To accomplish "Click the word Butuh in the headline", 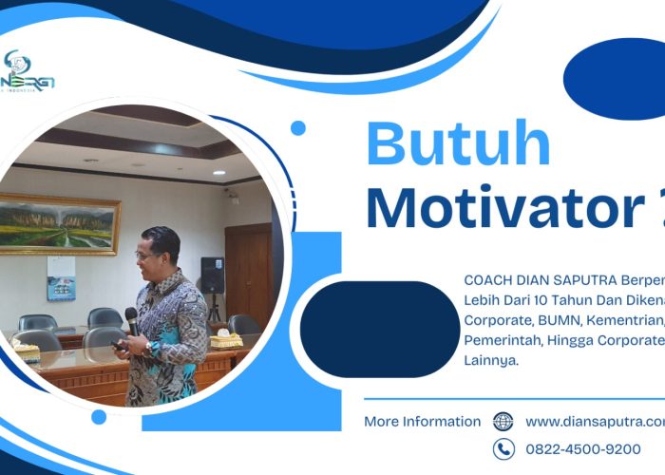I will (x=458, y=145).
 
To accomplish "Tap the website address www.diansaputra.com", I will (x=595, y=422).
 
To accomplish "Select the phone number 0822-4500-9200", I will (x=582, y=449).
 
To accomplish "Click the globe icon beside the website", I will (x=503, y=422).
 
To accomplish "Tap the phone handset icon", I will (x=503, y=449).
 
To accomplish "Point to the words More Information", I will (x=422, y=422).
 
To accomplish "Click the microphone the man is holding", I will (x=131, y=320).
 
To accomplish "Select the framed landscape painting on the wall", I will (x=59, y=223).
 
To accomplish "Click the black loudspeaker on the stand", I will (x=212, y=275).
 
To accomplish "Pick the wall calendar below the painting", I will (x=61, y=277).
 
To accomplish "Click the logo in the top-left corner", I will (x=28, y=76).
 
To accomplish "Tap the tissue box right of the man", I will (x=226, y=339).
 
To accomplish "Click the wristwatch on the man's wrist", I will (x=153, y=349).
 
